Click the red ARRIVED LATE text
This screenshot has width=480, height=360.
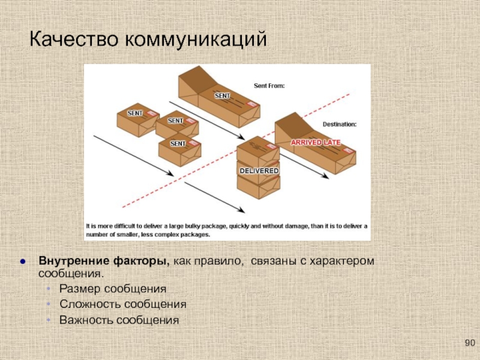pyautogui.click(x=316, y=142)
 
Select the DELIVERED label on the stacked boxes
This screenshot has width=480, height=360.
pyautogui.click(x=259, y=171)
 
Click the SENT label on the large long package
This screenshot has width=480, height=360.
pyautogui.click(x=223, y=95)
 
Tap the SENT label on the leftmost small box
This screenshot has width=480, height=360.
pyautogui.click(x=135, y=113)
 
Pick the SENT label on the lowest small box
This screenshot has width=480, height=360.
pyautogui.click(x=178, y=143)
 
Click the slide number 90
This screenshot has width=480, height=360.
pyautogui.click(x=469, y=343)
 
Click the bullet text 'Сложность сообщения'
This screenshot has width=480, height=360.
pyautogui.click(x=122, y=304)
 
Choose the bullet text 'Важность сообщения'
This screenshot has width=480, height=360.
pyautogui.click(x=119, y=320)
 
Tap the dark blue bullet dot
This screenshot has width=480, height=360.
pyautogui.click(x=23, y=263)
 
